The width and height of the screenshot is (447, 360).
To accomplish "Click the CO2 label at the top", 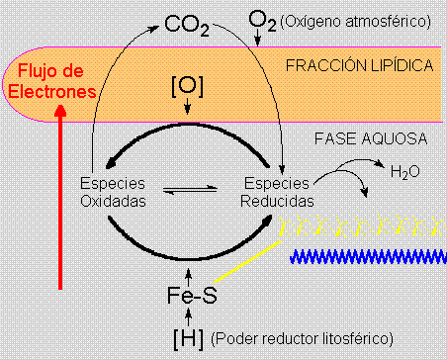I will (186, 22).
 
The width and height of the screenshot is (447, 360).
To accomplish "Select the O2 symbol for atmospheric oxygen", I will (261, 19).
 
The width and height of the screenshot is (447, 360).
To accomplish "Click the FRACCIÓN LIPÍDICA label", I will (359, 66).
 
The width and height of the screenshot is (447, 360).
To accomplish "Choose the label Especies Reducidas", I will (276, 192).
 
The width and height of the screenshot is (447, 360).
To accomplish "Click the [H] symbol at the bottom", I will (188, 338).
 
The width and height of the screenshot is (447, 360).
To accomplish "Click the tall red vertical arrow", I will (61, 198).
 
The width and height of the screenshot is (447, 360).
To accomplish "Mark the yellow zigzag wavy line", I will (359, 225).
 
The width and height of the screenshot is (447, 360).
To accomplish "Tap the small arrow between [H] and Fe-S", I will (188, 316).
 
